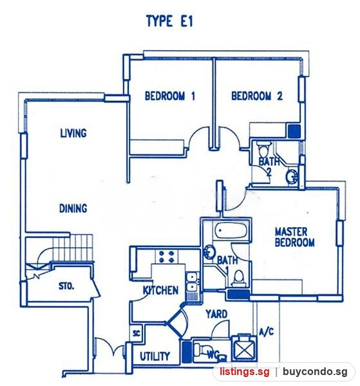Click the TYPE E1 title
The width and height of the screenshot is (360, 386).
[169, 21]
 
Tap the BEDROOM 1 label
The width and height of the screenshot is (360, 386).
[170, 96]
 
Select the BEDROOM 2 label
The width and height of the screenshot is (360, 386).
[257, 96]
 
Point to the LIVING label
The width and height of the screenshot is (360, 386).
[73, 133]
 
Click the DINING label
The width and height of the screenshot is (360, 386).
[73, 208]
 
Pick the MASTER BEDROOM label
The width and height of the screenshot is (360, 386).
[295, 237]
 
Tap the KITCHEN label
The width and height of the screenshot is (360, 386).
[160, 291]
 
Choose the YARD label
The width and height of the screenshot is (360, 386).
[216, 314]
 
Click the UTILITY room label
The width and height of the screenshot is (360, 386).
[155, 356]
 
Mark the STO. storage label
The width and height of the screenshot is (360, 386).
[66, 286]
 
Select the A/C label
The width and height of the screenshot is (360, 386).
[267, 332]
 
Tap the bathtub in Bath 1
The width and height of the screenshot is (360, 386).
[231, 230]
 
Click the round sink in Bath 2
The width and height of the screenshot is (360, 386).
[292, 176]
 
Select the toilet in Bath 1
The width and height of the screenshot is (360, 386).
[238, 279]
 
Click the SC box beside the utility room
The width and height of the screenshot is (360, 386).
[137, 333]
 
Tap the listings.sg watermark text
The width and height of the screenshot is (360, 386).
[245, 371]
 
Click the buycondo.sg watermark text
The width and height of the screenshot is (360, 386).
[316, 371]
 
